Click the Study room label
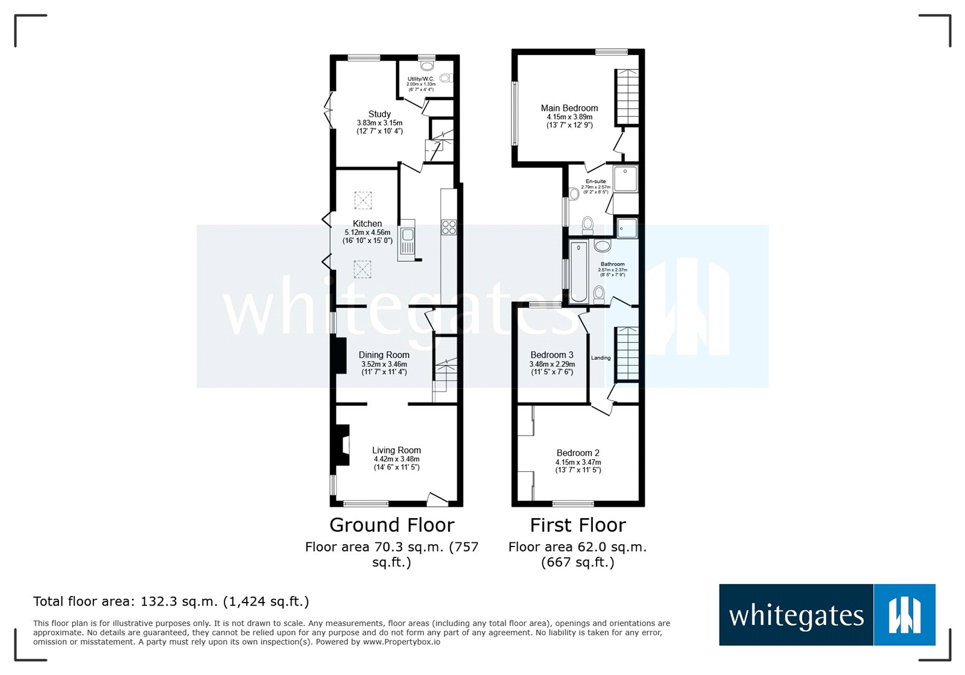click(x=379, y=114)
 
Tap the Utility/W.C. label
click(x=420, y=79)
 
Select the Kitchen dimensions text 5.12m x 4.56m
click(x=367, y=232)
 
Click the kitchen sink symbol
click(x=407, y=239)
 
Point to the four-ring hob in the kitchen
click(x=449, y=227)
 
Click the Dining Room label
click(x=384, y=355)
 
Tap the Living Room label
click(x=396, y=451)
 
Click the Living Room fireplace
click(x=341, y=445)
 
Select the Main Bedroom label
click(x=569, y=109)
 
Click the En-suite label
click(x=595, y=182)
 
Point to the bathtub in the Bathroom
click(x=578, y=271)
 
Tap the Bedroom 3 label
click(x=552, y=355)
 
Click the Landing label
click(x=601, y=358)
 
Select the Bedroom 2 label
click(x=578, y=453)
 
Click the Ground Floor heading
click(x=391, y=525)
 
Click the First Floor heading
click(x=578, y=525)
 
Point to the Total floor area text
click(x=171, y=601)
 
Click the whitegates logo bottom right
click(x=827, y=615)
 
